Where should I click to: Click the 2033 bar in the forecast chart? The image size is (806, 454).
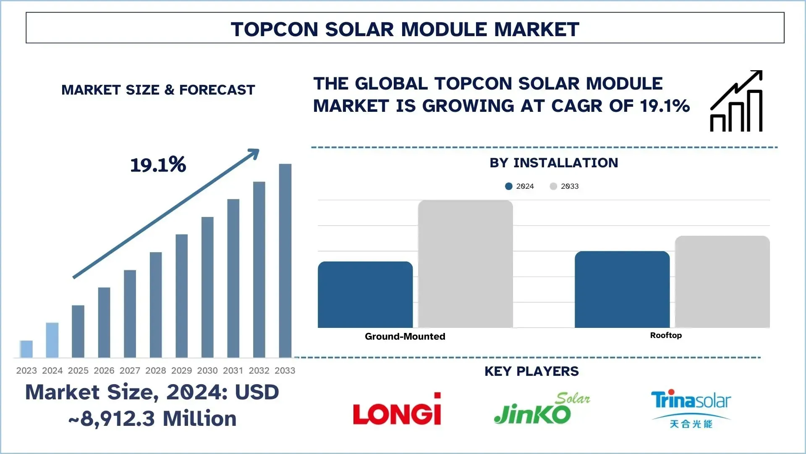285,261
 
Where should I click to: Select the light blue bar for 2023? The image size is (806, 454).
26,349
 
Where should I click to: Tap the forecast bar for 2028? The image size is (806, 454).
156,305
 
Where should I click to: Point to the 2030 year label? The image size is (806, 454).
207,370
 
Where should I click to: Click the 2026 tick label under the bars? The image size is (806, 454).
104,370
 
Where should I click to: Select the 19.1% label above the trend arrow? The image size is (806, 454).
158,165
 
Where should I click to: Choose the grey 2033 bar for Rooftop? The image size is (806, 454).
722,282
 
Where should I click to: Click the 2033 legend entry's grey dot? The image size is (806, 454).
553,186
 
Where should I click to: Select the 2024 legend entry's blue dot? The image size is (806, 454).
509,186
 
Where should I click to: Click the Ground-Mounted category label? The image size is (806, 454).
405,336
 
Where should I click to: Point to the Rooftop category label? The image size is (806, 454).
666,335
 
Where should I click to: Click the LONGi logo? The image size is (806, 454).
397,410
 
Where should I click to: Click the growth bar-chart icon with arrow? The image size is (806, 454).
737,102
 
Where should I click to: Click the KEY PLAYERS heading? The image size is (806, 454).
531,371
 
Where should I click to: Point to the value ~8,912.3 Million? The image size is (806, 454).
152,419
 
